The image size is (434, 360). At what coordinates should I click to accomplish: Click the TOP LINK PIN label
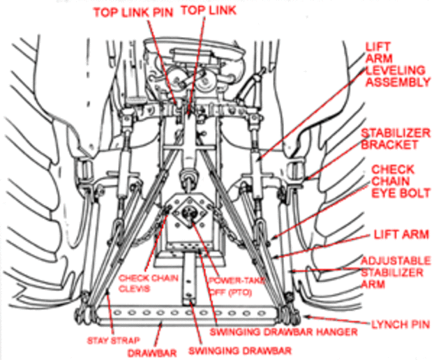click(133, 13)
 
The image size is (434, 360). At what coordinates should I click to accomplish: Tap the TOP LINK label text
click(209, 10)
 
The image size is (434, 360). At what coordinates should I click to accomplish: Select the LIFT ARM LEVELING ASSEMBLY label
click(398, 64)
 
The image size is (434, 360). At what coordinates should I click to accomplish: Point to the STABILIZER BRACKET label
click(396, 139)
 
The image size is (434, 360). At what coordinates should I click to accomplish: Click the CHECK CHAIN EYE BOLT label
click(401, 181)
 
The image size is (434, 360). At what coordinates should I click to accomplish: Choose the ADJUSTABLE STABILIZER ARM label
click(396, 273)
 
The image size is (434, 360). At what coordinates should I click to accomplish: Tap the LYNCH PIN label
click(401, 324)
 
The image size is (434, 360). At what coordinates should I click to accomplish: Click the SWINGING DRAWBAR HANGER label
click(284, 332)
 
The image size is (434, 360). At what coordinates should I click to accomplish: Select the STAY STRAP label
click(114, 340)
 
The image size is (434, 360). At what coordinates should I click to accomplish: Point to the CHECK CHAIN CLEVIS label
click(149, 283)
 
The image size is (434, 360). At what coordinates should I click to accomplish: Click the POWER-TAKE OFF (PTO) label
click(237, 286)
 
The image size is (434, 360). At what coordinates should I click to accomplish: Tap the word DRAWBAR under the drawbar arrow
click(152, 353)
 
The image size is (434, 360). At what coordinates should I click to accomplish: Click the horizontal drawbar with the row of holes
click(188, 316)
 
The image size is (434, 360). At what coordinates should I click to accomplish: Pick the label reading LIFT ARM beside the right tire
click(401, 234)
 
